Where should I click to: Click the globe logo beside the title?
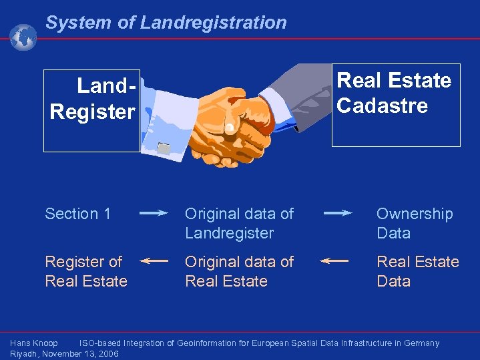click(23, 37)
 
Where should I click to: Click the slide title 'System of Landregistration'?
click(166, 23)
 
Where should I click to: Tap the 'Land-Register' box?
click(92, 110)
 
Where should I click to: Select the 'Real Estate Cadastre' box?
click(396, 104)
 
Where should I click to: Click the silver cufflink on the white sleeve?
click(164, 146)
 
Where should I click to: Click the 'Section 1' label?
click(77, 214)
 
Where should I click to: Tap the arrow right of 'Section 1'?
click(154, 214)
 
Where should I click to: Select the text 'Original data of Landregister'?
click(239, 223)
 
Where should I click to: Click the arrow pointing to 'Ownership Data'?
click(338, 213)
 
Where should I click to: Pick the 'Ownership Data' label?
click(414, 223)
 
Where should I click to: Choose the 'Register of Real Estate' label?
click(85, 271)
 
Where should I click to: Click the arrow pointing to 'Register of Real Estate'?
click(154, 261)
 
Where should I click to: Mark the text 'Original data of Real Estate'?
click(239, 271)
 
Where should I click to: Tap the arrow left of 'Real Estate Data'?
click(334, 261)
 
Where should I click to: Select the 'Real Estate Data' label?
click(417, 271)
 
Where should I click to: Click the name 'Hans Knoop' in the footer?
click(34, 343)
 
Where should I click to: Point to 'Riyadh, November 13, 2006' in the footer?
click(64, 354)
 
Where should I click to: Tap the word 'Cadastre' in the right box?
click(382, 106)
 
